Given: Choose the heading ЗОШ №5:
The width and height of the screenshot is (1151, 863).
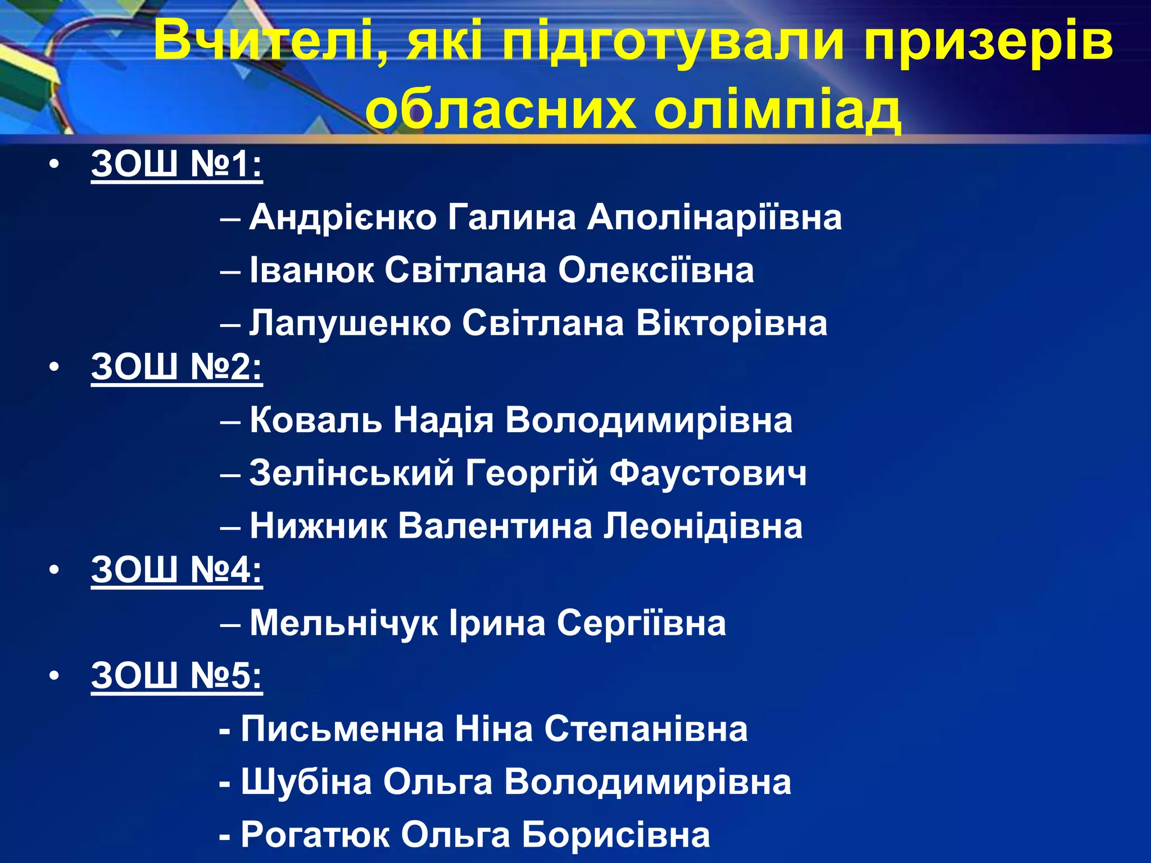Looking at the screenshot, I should pyautogui.click(x=177, y=675).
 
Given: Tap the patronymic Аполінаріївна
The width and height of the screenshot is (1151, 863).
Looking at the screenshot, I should pyautogui.click(x=714, y=217).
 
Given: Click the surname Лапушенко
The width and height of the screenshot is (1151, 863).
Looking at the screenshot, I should pyautogui.click(x=350, y=324).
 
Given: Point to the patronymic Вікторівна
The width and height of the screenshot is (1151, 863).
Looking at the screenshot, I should pyautogui.click(x=732, y=324).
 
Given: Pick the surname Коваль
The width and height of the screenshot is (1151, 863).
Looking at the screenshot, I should pyautogui.click(x=316, y=420).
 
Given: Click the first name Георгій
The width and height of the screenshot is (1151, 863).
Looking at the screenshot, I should pyautogui.click(x=532, y=473).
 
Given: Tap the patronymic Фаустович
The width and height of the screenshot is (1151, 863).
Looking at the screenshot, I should pyautogui.click(x=708, y=473).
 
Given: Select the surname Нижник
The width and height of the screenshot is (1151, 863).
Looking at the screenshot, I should pyautogui.click(x=319, y=526).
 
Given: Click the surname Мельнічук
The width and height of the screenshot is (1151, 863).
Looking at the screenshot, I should pyautogui.click(x=344, y=623).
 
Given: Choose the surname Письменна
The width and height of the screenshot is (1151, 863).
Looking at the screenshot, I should pyautogui.click(x=342, y=729).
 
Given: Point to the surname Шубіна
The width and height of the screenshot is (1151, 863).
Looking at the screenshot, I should pyautogui.click(x=307, y=782).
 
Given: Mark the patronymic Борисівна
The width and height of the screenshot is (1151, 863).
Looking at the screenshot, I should pyautogui.click(x=616, y=835).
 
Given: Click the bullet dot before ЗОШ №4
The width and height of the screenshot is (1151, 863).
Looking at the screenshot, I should pyautogui.click(x=54, y=571).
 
